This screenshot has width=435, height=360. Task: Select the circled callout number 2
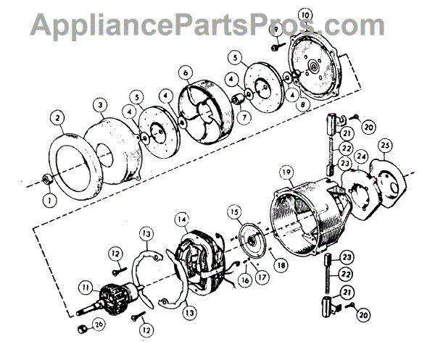click(57, 115)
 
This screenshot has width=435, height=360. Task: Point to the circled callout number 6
click(186, 72)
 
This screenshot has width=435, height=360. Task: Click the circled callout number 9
click(277, 28)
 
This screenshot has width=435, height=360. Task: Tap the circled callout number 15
click(233, 212)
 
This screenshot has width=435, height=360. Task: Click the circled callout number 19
click(286, 172)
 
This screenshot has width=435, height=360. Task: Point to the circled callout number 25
click(385, 146)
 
